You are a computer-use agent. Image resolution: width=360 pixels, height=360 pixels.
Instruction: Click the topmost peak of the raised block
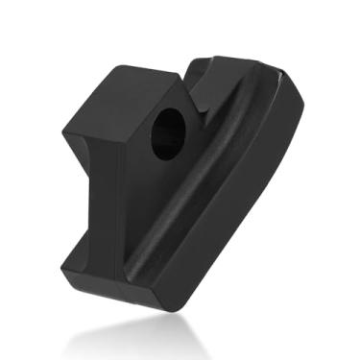coord(120,65)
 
